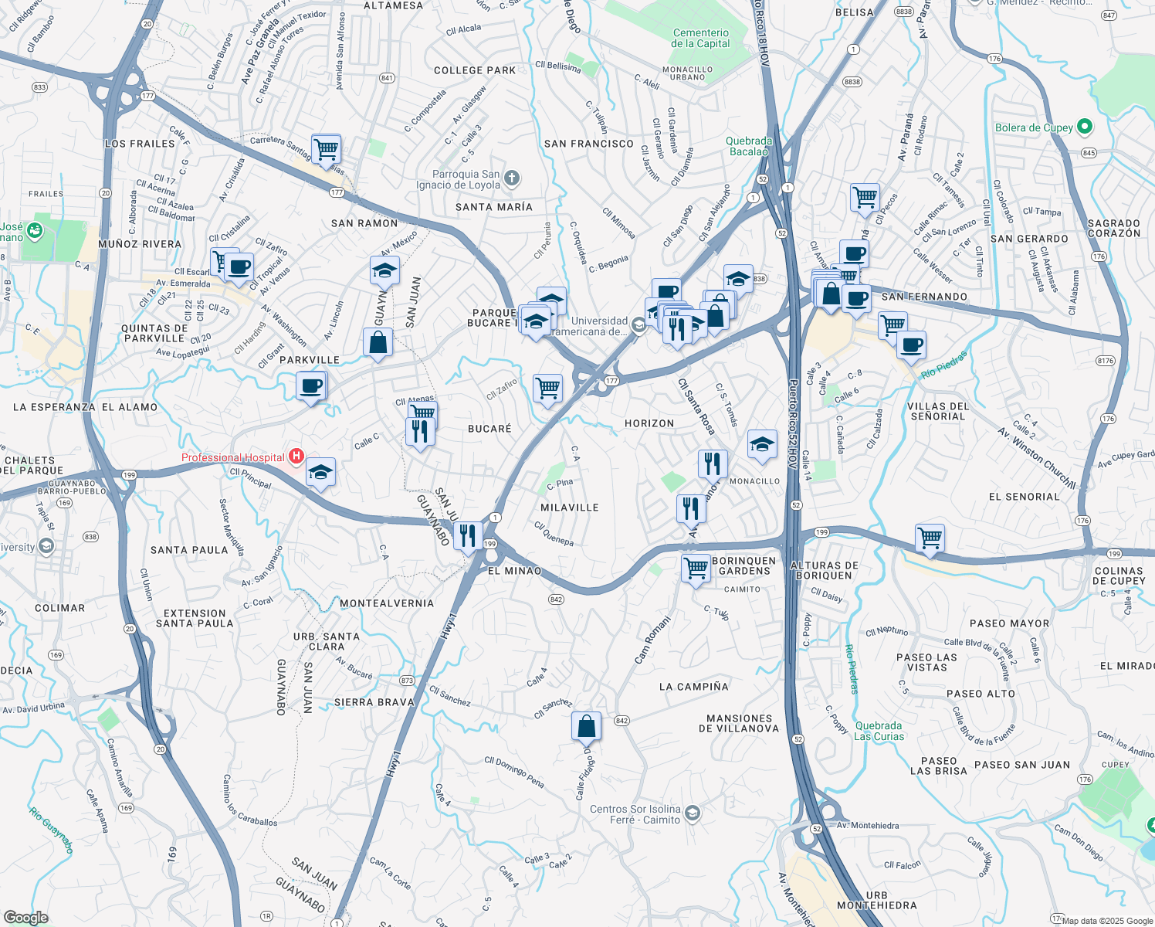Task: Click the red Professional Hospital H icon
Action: tap(295, 457)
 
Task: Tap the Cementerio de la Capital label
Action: tap(700, 39)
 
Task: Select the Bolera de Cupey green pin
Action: tap(1085, 127)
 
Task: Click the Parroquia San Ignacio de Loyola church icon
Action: tap(512, 180)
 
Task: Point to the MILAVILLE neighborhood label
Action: tap(570, 508)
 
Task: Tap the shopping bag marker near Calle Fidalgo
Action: tap(586, 727)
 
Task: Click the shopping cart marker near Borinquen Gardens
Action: tap(696, 569)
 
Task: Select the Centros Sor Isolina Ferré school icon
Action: tap(693, 812)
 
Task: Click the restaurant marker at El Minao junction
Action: tap(468, 535)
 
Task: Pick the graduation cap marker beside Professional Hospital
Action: tap(320, 472)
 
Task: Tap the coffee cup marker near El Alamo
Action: tap(311, 385)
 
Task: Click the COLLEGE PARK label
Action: tap(475, 70)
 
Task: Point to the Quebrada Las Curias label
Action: tap(879, 731)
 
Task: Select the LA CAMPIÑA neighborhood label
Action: tap(694, 687)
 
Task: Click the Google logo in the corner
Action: tap(25, 918)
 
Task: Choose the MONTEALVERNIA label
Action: tap(387, 603)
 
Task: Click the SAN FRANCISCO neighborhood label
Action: tap(588, 144)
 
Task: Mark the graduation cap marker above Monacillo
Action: tap(761, 444)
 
